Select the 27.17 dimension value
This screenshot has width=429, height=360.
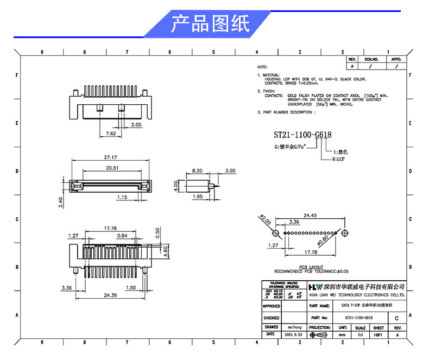coord(111,157)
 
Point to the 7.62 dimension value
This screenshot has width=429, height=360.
coord(110,133)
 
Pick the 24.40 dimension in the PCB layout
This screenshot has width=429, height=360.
coord(310,216)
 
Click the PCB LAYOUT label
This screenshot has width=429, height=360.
coord(311,267)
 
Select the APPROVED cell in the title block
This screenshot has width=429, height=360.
coord(272,306)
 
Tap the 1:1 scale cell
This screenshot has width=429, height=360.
coord(360,336)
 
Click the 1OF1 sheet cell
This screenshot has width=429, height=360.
coord(378,336)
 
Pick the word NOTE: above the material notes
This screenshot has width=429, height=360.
coord(263,66)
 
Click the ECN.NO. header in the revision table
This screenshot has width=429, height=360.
coord(371,59)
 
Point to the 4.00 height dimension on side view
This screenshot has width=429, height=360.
coord(176,186)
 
